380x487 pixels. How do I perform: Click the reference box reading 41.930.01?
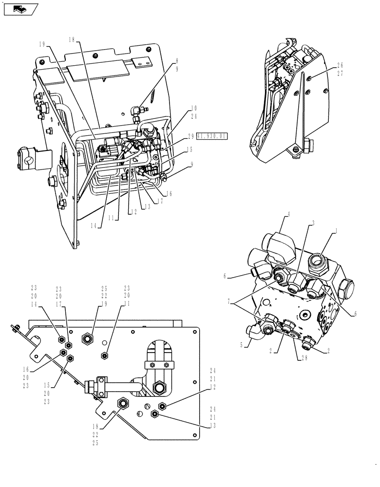click(x=212, y=137)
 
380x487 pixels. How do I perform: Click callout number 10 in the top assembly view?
click(x=193, y=107)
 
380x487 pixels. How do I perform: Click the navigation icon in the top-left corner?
click(x=19, y=8)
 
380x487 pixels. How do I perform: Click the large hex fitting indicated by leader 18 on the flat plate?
click(x=123, y=403)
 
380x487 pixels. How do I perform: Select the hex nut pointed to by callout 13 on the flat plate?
click(x=154, y=414)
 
